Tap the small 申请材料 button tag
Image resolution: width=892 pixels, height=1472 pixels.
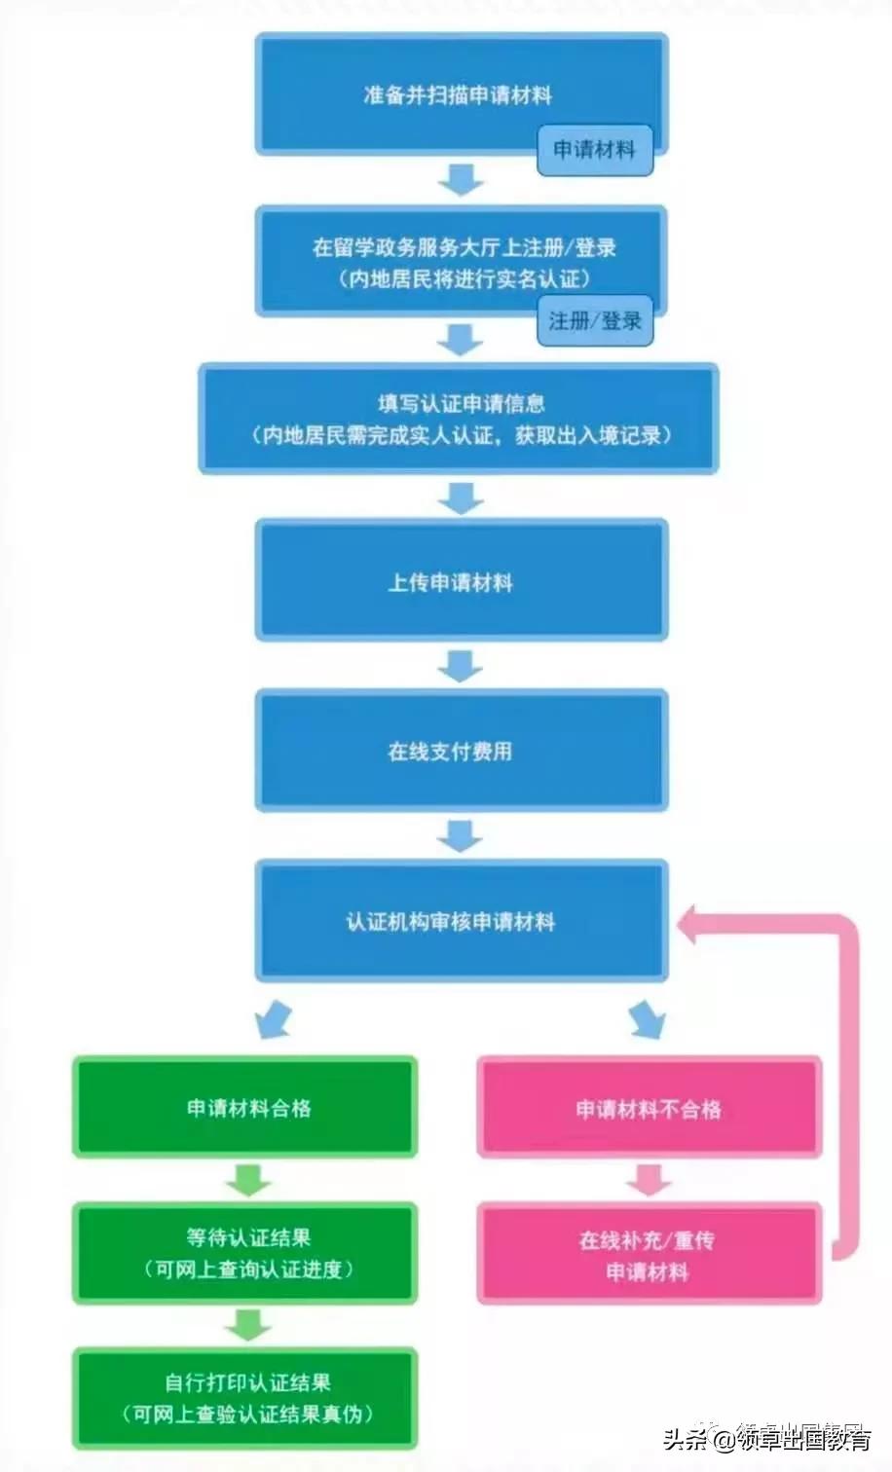click(594, 150)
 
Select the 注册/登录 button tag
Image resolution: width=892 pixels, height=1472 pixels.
click(594, 320)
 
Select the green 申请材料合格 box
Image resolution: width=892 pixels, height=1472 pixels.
click(245, 1107)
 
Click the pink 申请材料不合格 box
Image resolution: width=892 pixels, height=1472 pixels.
click(649, 1108)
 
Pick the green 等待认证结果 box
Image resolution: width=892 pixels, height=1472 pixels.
click(245, 1253)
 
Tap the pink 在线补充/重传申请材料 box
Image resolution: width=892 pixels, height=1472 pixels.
click(649, 1255)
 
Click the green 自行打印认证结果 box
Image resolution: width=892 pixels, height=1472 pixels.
click(245, 1397)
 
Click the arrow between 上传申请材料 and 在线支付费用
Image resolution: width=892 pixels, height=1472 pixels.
click(461, 666)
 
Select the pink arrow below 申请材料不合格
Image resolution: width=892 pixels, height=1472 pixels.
click(649, 1180)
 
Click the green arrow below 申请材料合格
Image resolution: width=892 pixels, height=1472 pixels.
click(247, 1180)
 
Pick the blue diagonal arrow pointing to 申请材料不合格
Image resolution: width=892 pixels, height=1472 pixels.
click(647, 1018)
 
